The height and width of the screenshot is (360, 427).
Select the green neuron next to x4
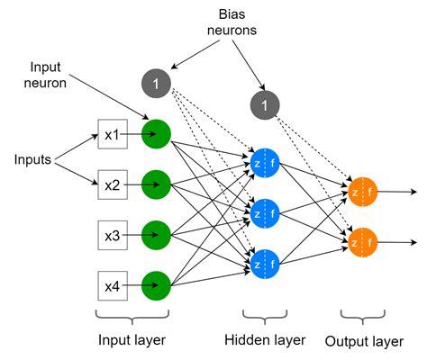157,285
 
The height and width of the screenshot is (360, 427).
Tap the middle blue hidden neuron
266,214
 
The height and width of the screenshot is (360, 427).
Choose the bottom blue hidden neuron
266,265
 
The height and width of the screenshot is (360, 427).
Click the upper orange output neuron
361,192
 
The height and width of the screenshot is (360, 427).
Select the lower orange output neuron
361,242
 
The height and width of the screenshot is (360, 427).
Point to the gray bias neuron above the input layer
156,85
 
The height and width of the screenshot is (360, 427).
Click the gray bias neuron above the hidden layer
263,105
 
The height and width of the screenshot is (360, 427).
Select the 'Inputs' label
32,160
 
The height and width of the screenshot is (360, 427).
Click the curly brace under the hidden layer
266,318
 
